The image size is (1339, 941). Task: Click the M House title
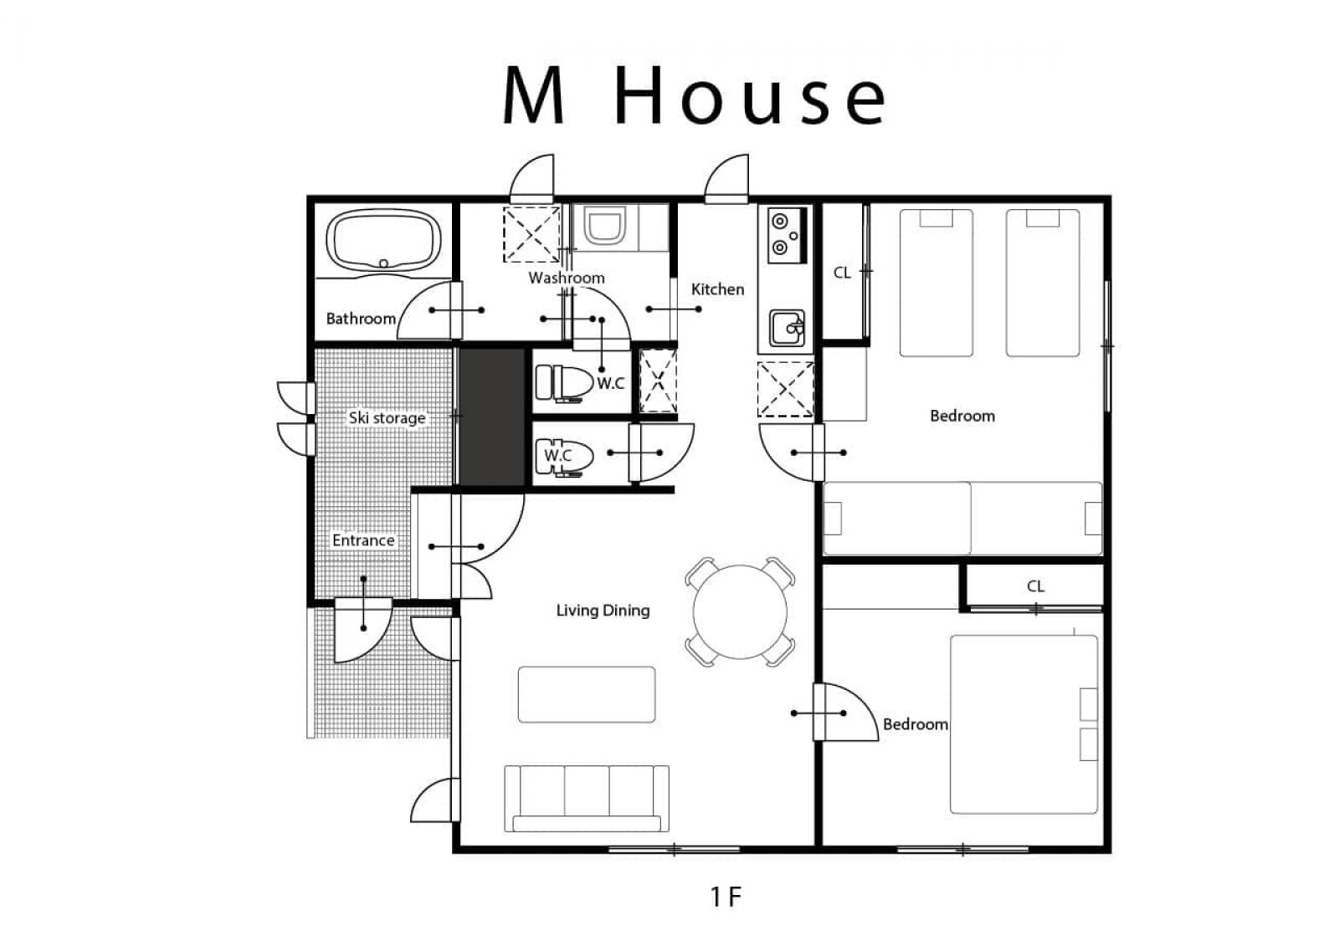click(694, 96)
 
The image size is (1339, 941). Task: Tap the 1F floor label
click(726, 897)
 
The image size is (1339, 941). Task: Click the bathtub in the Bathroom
click(384, 241)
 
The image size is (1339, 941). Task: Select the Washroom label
click(566, 278)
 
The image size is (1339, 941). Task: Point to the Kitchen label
click(717, 289)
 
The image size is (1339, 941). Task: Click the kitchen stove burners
click(787, 235)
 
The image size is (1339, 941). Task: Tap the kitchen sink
click(787, 328)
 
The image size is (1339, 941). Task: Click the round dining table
click(740, 611)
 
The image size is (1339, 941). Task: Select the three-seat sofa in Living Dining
click(587, 798)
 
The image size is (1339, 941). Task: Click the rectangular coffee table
click(587, 695)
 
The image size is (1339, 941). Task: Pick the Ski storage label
click(387, 417)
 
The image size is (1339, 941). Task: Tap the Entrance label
click(363, 540)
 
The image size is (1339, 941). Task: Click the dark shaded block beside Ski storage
click(492, 417)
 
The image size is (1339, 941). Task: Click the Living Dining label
click(603, 611)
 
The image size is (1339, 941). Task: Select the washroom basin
click(604, 227)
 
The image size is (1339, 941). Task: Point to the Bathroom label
click(361, 319)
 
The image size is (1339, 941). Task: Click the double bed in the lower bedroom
click(1024, 724)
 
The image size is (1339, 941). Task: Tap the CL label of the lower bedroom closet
click(1035, 586)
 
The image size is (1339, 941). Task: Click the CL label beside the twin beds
click(842, 273)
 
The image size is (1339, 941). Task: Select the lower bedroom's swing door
click(845, 713)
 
